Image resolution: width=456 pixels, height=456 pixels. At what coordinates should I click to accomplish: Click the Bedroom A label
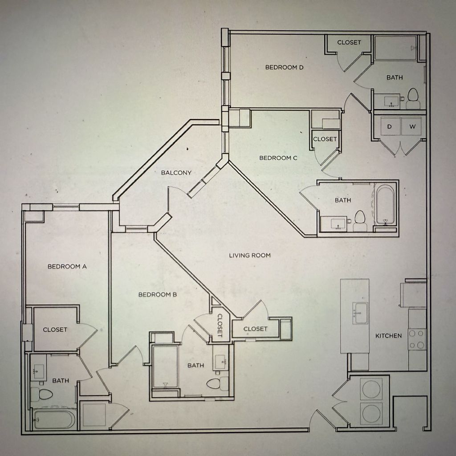67,267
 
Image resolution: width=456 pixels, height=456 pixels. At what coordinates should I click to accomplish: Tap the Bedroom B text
158,294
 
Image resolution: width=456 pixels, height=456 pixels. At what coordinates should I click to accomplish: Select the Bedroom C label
278,158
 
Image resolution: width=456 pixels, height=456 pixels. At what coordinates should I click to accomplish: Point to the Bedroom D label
284,67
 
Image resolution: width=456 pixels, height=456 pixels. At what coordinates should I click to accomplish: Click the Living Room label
250,255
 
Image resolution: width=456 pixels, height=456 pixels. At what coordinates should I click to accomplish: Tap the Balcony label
176,173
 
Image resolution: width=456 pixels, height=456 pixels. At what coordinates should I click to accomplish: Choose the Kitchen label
388,336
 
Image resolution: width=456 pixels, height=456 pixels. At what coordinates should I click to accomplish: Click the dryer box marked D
389,127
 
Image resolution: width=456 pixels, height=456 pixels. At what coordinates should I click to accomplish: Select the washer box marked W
413,127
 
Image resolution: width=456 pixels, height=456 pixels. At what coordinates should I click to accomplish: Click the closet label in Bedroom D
349,42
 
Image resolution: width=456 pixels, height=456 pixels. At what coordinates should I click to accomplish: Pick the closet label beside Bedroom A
55,330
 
